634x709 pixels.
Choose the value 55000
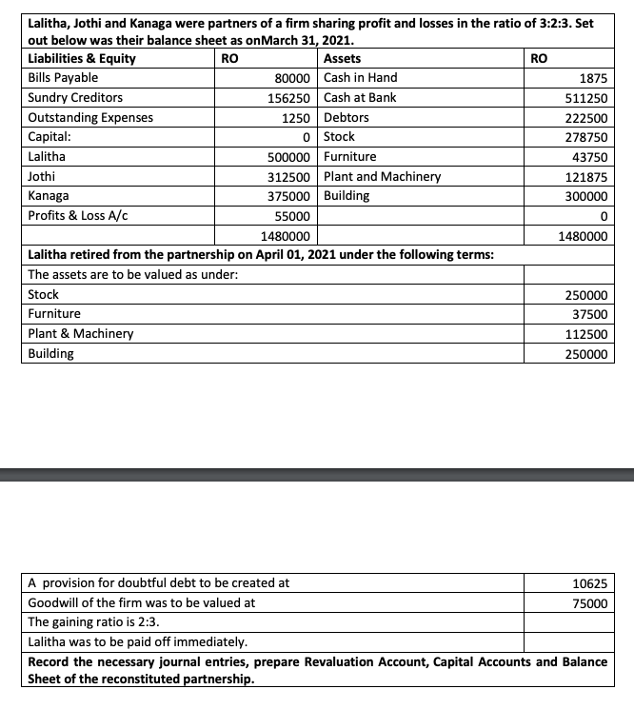(x=299, y=216)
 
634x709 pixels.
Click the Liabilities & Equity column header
(x=82, y=59)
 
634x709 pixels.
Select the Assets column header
(x=343, y=59)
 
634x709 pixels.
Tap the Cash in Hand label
(x=361, y=78)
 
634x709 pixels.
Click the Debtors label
(x=347, y=118)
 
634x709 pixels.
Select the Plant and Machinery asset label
(x=383, y=177)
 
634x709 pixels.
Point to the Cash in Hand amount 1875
(x=597, y=78)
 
